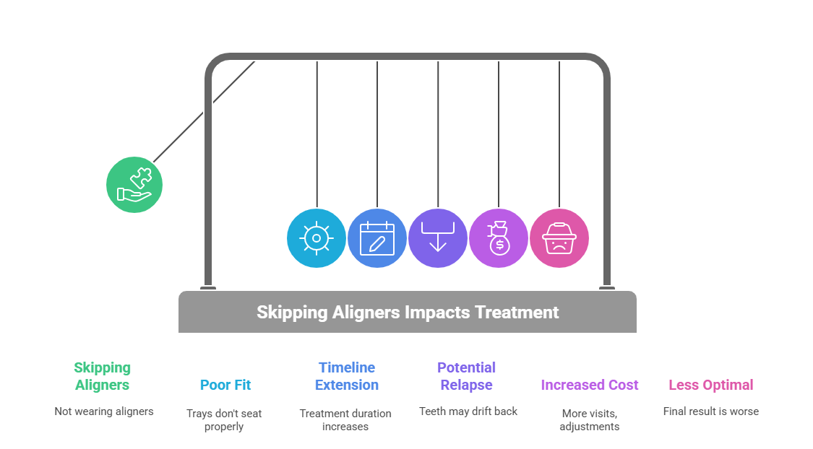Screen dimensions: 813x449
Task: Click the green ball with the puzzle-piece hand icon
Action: tap(134, 185)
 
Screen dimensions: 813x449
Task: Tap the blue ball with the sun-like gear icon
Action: tap(317, 238)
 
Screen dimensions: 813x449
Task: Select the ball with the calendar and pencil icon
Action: tap(377, 238)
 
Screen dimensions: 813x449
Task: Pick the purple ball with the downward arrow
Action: tap(438, 238)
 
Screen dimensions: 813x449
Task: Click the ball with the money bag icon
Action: tap(499, 238)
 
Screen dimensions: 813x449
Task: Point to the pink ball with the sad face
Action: tap(559, 238)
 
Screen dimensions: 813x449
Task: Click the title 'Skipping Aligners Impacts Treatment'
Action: tap(408, 313)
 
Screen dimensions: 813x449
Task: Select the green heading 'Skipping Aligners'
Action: tap(102, 376)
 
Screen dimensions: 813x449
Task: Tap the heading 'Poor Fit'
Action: tap(225, 385)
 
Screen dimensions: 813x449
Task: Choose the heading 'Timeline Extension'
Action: tap(347, 376)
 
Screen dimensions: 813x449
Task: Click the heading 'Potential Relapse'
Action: tap(467, 376)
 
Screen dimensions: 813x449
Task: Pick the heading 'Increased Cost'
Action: tap(590, 385)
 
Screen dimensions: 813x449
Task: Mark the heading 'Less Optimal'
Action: tap(711, 385)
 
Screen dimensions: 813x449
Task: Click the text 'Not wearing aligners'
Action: tap(104, 411)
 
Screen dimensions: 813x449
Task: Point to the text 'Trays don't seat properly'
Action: tap(224, 420)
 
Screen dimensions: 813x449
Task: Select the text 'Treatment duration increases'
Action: tap(345, 420)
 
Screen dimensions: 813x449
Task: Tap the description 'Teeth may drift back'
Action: tap(468, 411)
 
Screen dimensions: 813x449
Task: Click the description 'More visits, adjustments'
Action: tap(590, 420)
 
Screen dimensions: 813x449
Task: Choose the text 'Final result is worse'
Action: tap(711, 411)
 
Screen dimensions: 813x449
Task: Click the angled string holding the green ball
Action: tap(204, 112)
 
